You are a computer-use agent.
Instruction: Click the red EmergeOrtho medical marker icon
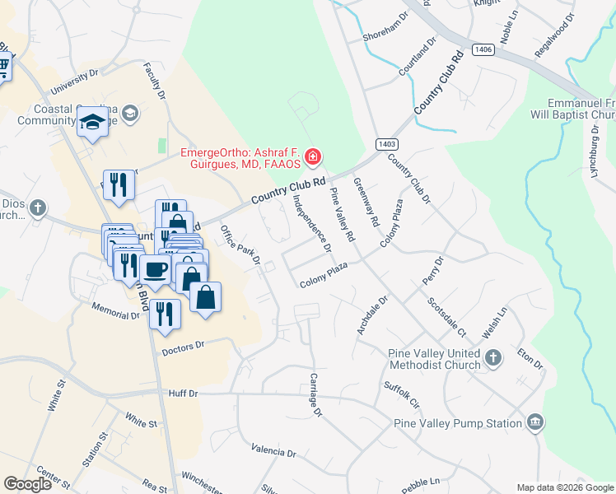(312, 156)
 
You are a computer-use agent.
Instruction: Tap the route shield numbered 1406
(483, 50)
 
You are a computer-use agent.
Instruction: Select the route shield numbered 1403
(385, 143)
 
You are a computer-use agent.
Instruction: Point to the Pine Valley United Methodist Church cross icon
(492, 357)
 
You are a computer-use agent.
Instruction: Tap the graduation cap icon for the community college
(93, 123)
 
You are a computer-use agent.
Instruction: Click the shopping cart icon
(3, 65)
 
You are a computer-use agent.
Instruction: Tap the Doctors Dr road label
(182, 349)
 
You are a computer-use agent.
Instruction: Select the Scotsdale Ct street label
(446, 316)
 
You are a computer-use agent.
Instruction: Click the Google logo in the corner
(27, 484)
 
